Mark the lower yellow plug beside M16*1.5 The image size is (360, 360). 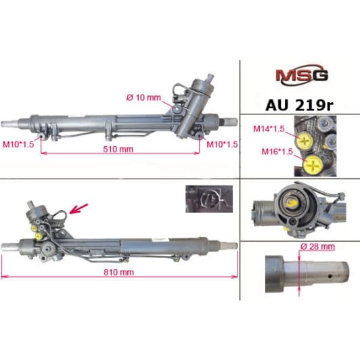pos(313,164)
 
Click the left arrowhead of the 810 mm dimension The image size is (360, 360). pos(4,277)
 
